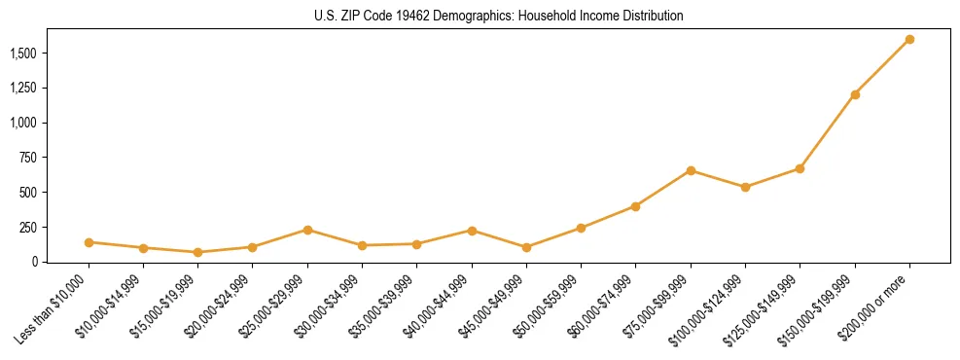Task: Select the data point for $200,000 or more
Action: tap(909, 39)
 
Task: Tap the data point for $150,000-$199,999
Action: tap(855, 94)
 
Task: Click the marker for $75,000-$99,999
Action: tap(691, 170)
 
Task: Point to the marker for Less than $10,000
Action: tap(89, 242)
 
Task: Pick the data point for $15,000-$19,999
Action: tap(197, 252)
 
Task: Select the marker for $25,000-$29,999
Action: tap(307, 230)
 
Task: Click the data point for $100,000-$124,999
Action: tap(745, 187)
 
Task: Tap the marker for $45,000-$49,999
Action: tap(526, 247)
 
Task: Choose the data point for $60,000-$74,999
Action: tap(635, 206)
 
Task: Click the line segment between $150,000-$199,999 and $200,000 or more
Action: tap(882, 67)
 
